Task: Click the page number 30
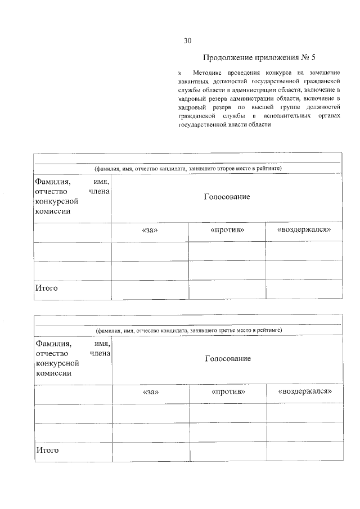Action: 188,40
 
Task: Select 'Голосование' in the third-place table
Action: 228,358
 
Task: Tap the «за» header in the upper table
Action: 150,231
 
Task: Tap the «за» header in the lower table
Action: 151,392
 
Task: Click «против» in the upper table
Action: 227,230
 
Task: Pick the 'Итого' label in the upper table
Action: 47,289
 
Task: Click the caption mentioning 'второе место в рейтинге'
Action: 188,168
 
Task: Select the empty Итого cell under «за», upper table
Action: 150,289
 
